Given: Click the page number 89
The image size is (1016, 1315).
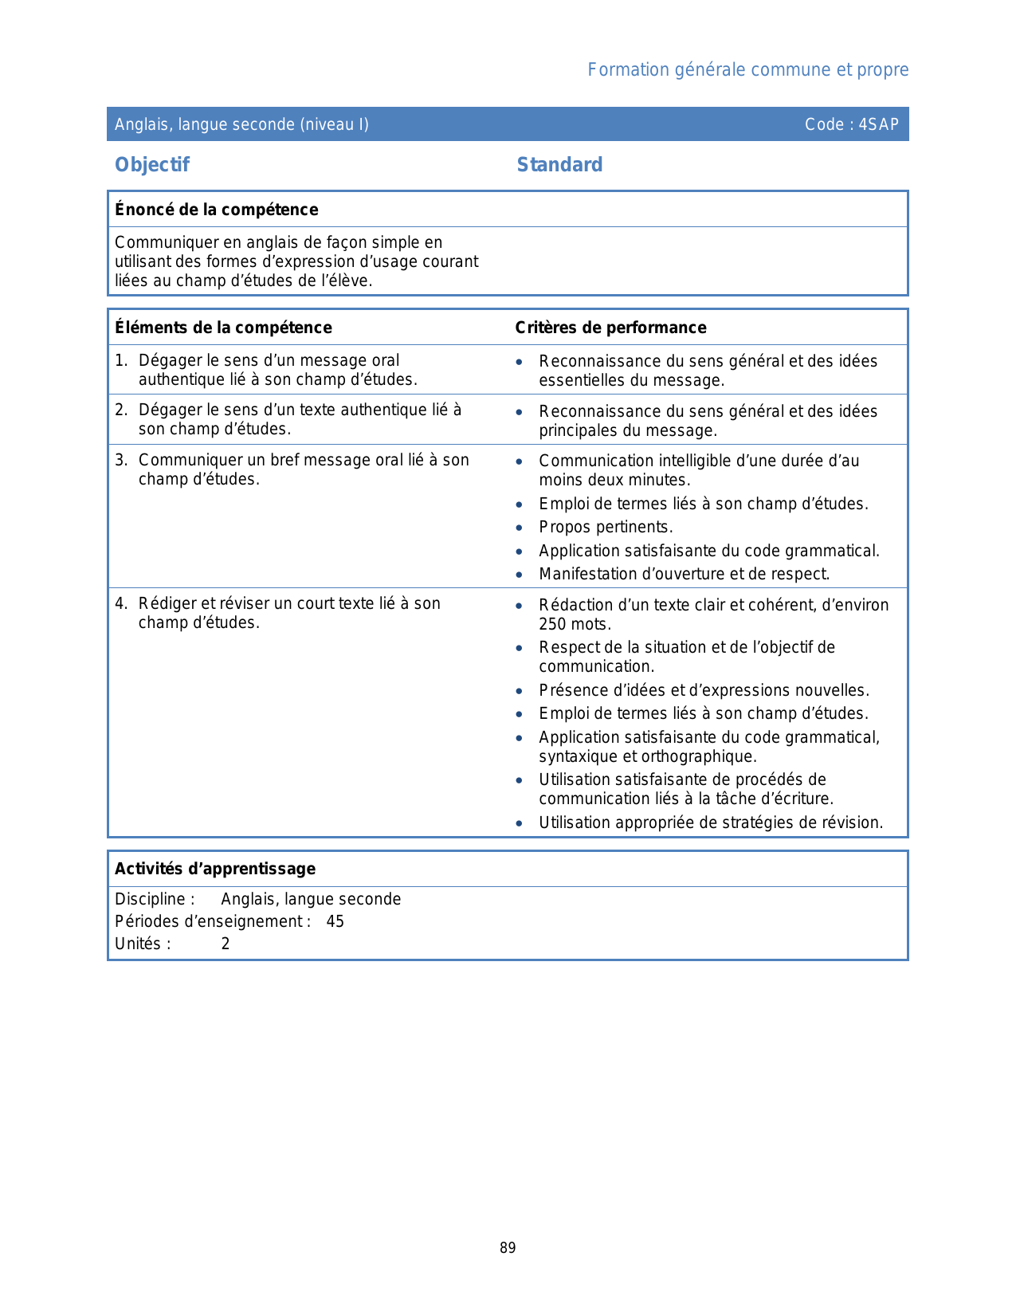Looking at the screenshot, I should click(x=508, y=1248).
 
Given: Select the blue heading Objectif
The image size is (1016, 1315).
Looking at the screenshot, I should click(x=152, y=165).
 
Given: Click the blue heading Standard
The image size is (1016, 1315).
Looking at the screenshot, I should click(x=559, y=165).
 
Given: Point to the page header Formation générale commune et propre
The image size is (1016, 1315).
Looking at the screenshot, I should click(x=747, y=70).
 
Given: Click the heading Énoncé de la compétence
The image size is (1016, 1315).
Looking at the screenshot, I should click(x=216, y=210).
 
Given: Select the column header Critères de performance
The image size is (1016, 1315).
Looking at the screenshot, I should click(x=610, y=328).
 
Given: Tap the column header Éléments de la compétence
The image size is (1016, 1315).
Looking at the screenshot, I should click(x=223, y=328).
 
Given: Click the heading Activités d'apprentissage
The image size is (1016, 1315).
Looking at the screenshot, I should click(x=215, y=869).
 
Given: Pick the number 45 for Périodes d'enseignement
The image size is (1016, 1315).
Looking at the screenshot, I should click(x=335, y=921).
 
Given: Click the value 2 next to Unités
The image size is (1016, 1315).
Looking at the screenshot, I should click(x=226, y=944).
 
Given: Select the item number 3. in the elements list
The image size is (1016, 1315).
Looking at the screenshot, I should click(x=121, y=460).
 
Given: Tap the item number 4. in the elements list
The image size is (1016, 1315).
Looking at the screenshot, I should click(x=121, y=603).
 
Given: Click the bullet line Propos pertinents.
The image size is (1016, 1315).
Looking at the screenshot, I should click(x=606, y=527).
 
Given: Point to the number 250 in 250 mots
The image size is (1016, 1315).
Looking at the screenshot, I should click(x=553, y=624).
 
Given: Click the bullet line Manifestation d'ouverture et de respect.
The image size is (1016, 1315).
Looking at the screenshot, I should click(x=684, y=574).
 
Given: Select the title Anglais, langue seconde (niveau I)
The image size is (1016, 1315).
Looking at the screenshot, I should click(x=241, y=124).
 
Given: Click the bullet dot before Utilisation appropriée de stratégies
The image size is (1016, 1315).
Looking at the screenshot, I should click(x=520, y=823).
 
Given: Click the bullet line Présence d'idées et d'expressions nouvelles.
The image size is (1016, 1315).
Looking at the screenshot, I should click(x=704, y=690).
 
